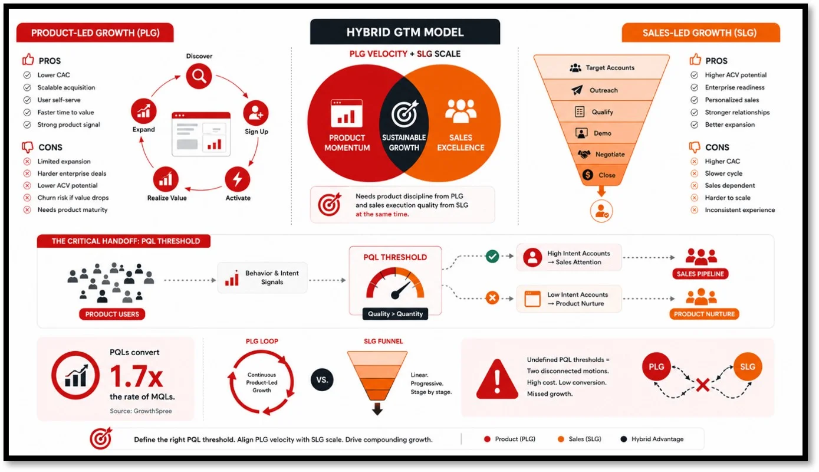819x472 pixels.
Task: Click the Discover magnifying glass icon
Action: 199,76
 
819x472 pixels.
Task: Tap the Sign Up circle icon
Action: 255,113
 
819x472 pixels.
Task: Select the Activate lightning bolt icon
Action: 237,179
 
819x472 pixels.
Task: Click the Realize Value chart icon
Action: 166,179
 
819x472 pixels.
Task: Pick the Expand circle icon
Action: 144,111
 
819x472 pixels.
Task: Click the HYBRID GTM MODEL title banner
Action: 404,32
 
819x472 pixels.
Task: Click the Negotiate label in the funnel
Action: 610,155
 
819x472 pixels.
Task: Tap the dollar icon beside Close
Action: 587,175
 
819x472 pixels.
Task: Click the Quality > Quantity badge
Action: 395,313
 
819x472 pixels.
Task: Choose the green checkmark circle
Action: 492,256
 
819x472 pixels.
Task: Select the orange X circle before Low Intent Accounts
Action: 492,297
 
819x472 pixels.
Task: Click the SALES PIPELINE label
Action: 700,274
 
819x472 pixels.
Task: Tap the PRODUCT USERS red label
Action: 112,314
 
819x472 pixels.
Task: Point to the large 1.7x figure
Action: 136,376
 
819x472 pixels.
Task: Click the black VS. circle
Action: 322,379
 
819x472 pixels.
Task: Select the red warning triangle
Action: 497,379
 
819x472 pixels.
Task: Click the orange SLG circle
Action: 747,366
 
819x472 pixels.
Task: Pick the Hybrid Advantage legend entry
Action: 652,439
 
